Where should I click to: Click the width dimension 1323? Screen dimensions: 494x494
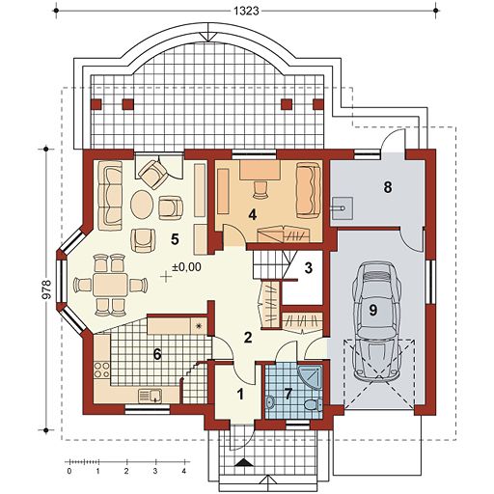pyautogui.click(x=246, y=11)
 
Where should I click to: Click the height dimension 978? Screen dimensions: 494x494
pyautogui.click(x=47, y=289)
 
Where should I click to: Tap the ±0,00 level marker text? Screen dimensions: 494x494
pyautogui.click(x=186, y=266)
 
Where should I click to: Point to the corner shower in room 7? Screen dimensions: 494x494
pyautogui.click(x=311, y=377)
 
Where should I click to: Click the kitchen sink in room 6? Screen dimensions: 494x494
pyautogui.click(x=151, y=396)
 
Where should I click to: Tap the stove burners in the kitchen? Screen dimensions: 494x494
pyautogui.click(x=101, y=370)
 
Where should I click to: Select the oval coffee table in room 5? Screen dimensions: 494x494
pyautogui.click(x=142, y=205)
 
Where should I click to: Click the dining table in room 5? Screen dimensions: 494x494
pyautogui.click(x=111, y=285)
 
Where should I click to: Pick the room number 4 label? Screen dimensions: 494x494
pyautogui.click(x=253, y=215)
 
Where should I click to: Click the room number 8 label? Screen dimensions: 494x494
pyautogui.click(x=388, y=187)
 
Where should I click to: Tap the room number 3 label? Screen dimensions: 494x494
pyautogui.click(x=309, y=268)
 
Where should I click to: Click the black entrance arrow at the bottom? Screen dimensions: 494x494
pyautogui.click(x=244, y=462)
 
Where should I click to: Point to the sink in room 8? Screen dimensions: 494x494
pyautogui.click(x=342, y=208)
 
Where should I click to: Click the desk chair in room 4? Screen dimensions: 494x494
pyautogui.click(x=261, y=190)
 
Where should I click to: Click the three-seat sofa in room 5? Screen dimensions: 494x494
pyautogui.click(x=110, y=196)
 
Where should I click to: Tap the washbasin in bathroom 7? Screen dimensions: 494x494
pyautogui.click(x=270, y=402)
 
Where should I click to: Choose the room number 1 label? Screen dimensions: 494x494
pyautogui.click(x=240, y=394)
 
